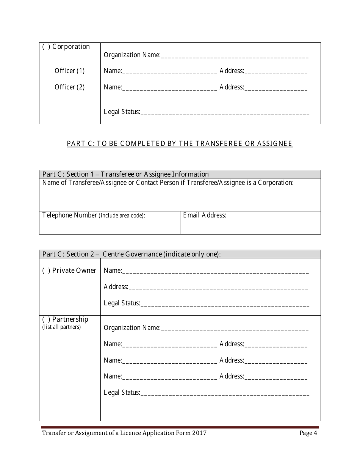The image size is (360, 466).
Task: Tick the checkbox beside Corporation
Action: (x=45, y=47)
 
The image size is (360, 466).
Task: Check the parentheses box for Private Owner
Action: (x=45, y=271)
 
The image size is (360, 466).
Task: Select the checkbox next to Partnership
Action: (x=45, y=320)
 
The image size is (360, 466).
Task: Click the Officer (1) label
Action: (x=70, y=71)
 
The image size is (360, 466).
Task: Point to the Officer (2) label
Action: (x=70, y=87)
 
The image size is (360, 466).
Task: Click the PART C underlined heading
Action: (x=180, y=144)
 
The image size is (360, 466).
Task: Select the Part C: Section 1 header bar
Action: (x=180, y=174)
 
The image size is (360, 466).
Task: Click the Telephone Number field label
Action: (x=70, y=216)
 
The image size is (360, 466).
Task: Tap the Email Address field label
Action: (x=205, y=216)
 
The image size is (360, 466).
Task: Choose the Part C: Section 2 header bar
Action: (x=180, y=254)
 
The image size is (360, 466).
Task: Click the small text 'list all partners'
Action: (x=61, y=327)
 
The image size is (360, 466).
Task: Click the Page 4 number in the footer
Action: (x=308, y=433)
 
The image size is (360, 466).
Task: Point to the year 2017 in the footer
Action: (x=199, y=433)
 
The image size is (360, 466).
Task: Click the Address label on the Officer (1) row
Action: (x=232, y=71)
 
